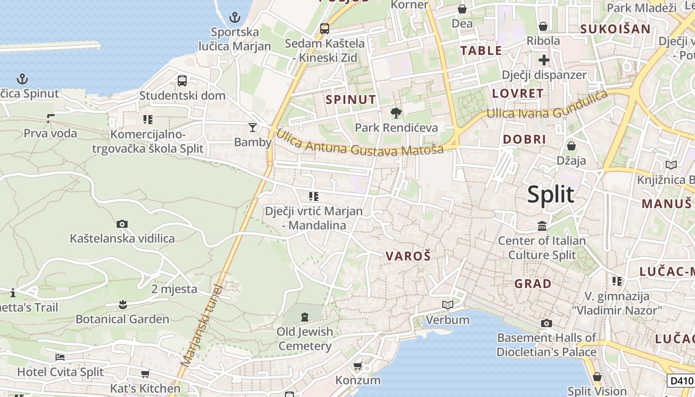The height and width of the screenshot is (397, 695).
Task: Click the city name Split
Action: (551, 194)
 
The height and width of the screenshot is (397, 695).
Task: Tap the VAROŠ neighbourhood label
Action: (409, 256)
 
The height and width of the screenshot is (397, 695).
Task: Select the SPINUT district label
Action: (350, 99)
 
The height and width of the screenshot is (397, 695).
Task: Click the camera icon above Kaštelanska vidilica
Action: (122, 224)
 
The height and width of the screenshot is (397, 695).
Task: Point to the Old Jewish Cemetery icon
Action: (304, 317)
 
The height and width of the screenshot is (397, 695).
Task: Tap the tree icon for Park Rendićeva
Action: (396, 113)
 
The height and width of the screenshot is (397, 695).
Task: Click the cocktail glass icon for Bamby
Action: (253, 128)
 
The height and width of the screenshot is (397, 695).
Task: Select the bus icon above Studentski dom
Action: (182, 80)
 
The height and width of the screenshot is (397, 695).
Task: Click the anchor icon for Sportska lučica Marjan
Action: (234, 18)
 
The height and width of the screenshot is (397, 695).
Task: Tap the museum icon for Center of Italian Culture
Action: (542, 226)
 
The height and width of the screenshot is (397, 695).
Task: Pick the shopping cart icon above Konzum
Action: (357, 366)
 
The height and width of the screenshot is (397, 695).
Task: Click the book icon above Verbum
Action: (447, 305)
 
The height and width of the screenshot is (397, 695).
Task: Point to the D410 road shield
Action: (680, 381)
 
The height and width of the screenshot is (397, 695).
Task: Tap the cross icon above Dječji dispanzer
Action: (544, 60)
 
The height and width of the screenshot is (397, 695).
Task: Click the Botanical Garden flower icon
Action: (123, 304)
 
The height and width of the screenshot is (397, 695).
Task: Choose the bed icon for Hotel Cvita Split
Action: (60, 357)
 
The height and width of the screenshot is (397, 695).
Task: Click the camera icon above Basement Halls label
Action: (546, 324)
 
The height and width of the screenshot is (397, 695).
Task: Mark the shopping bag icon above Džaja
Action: (571, 146)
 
